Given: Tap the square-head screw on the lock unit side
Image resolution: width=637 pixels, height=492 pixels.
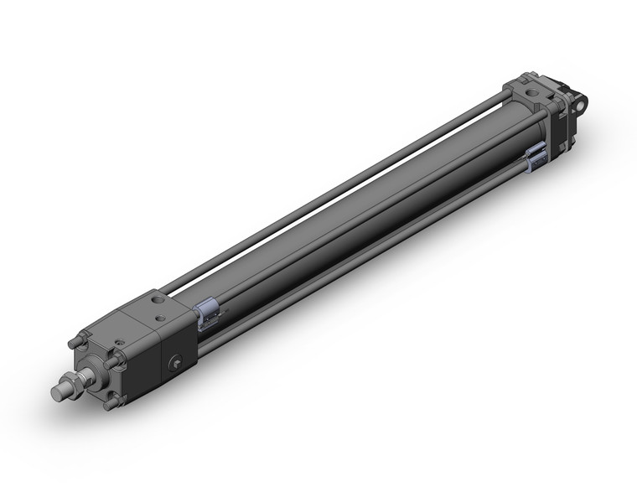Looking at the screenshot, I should click(176, 362).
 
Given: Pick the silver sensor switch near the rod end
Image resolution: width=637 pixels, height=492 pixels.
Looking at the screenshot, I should click(209, 313).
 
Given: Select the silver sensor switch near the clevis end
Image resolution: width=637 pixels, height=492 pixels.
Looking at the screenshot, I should click(536, 157).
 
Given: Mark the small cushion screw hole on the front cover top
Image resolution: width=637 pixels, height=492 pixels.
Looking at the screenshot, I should click(121, 343).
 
